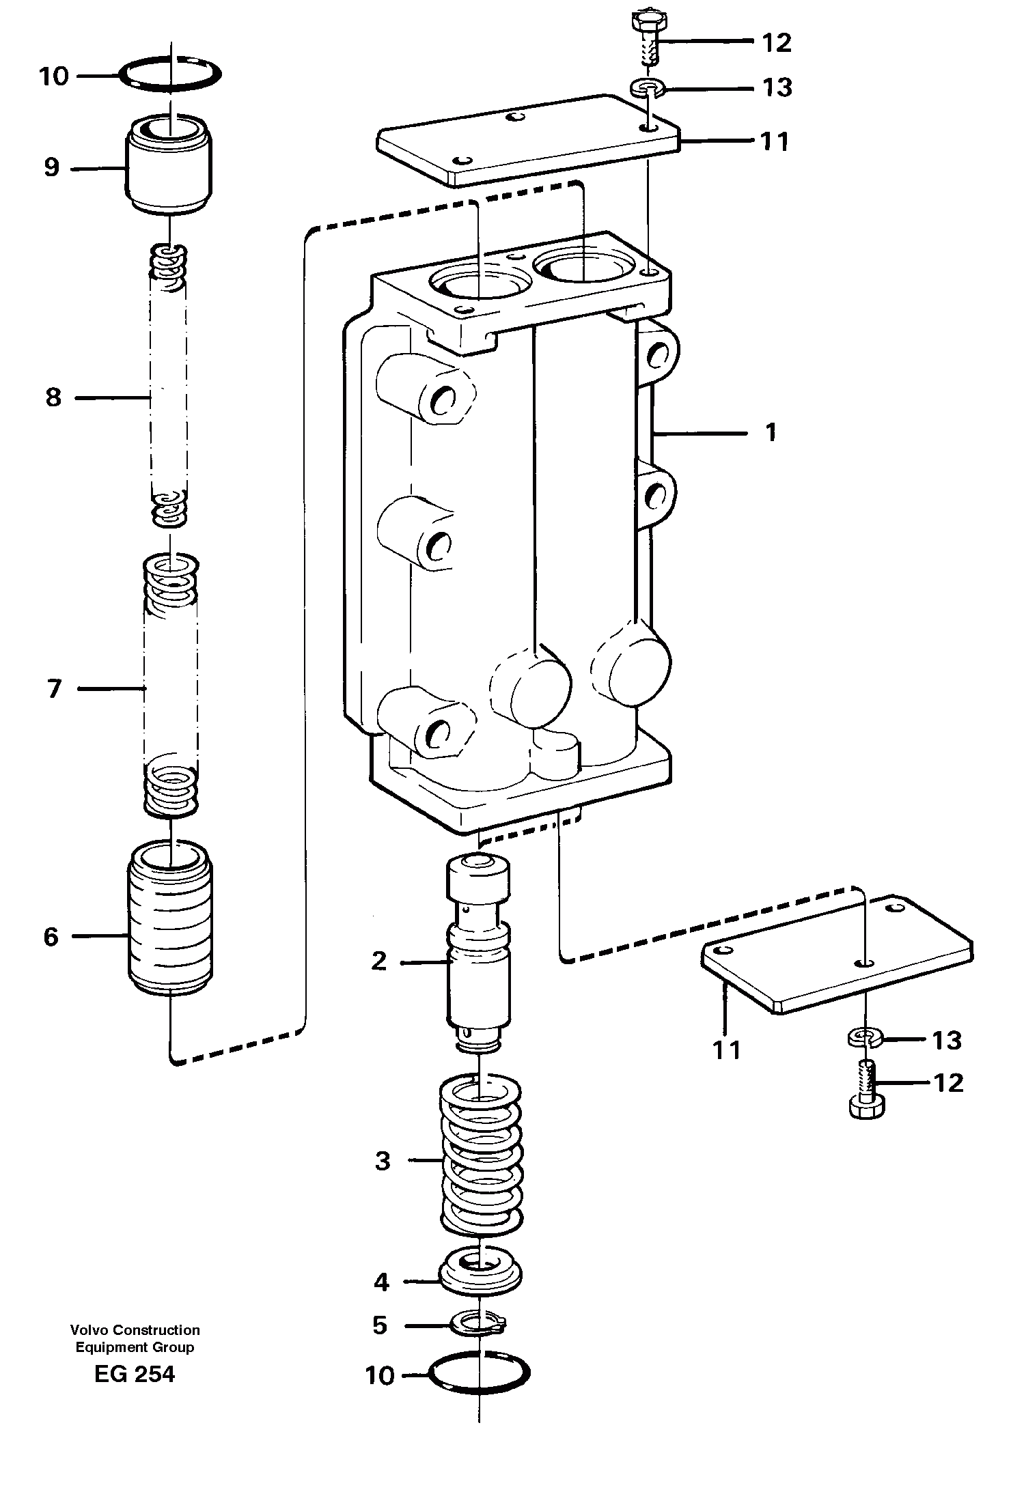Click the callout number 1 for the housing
[771, 432]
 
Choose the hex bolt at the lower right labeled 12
[868, 1093]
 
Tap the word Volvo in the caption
[89, 1329]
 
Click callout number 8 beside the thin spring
[53, 397]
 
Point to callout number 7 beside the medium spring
[55, 689]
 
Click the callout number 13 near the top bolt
[777, 87]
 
